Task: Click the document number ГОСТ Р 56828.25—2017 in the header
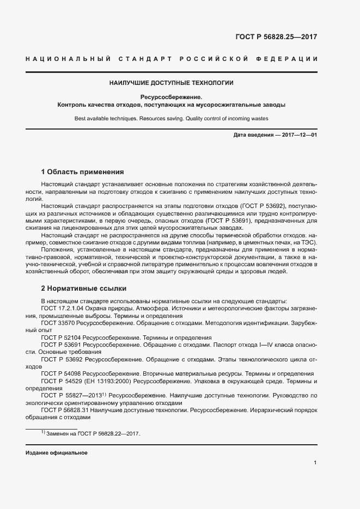(x=276, y=38)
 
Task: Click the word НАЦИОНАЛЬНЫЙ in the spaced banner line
(x=69, y=59)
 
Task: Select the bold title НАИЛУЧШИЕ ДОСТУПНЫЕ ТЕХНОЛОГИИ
(x=172, y=83)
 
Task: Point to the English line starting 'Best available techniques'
(x=172, y=118)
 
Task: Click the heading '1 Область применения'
(x=83, y=171)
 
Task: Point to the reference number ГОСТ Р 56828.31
(x=65, y=410)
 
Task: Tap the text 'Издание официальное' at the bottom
(x=57, y=453)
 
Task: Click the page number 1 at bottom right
(x=315, y=463)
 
